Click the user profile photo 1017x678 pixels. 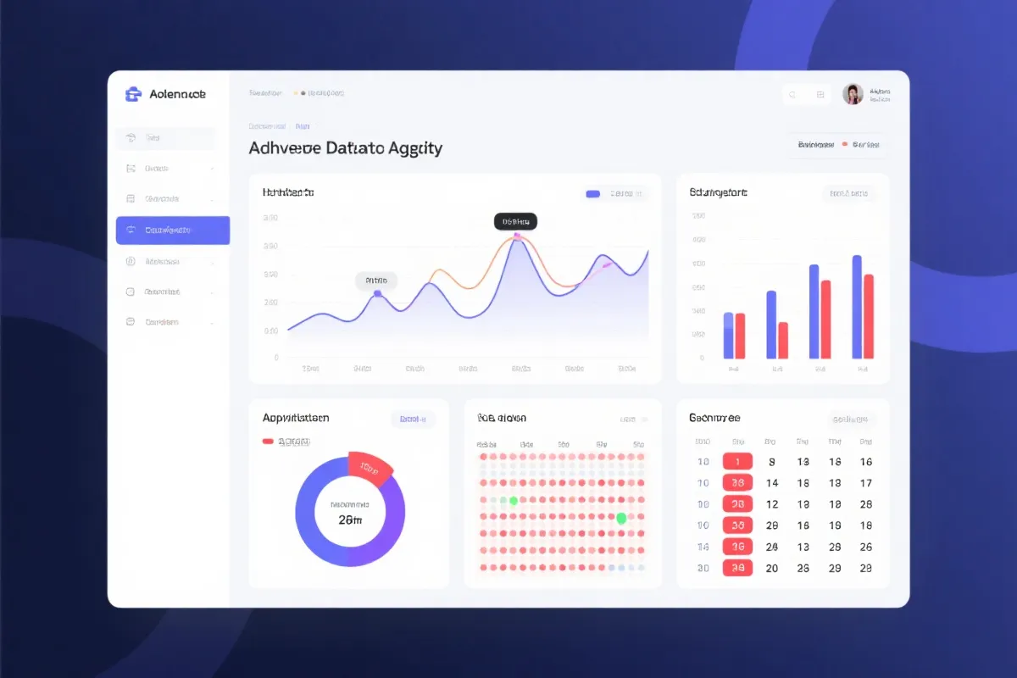click(x=853, y=94)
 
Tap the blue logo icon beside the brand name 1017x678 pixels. click(x=132, y=94)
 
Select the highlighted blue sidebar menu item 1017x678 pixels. click(x=173, y=230)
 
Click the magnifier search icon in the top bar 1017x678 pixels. click(x=792, y=95)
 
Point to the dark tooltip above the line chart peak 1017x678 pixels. click(x=515, y=221)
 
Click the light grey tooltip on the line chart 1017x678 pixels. click(x=376, y=281)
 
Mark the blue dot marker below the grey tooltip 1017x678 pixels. click(x=377, y=294)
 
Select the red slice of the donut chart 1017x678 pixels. click(x=370, y=468)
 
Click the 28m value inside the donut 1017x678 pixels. click(x=350, y=520)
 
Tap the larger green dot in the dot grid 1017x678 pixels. click(x=621, y=518)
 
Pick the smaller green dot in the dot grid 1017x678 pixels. click(x=513, y=501)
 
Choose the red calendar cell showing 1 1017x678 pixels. click(x=737, y=462)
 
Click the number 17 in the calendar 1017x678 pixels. click(x=865, y=483)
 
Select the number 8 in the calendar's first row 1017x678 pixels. click(x=771, y=462)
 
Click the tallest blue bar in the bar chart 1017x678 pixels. click(x=857, y=307)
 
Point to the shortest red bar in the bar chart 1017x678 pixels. click(x=783, y=340)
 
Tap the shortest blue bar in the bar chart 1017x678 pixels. click(x=728, y=336)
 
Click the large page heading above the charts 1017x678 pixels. click(x=345, y=148)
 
